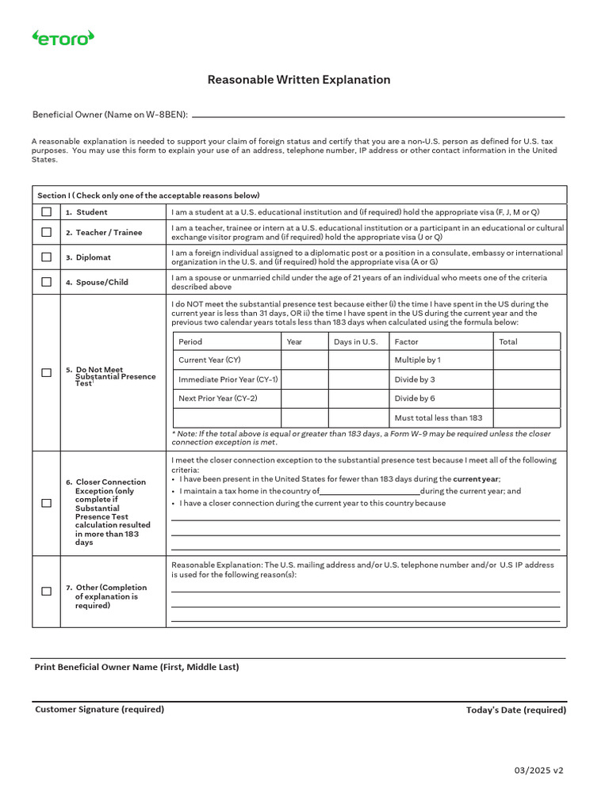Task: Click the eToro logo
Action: (62, 37)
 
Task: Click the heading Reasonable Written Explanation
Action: (299, 80)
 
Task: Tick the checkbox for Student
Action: (46, 212)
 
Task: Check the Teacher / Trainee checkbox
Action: (46, 233)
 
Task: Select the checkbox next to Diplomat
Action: (46, 257)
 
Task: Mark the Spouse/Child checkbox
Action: (46, 282)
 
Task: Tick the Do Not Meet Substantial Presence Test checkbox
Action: (46, 372)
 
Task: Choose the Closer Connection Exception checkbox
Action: (46, 503)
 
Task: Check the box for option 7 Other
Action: (46, 592)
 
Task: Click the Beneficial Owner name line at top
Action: (378, 116)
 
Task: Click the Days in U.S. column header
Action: (355, 341)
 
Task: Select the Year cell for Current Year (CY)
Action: (304, 360)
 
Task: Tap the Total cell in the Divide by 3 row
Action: (527, 379)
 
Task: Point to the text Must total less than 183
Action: (438, 418)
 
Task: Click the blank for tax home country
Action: (370, 492)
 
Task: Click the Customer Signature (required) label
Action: (99, 710)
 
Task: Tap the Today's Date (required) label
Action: (516, 710)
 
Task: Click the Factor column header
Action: (407, 341)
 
